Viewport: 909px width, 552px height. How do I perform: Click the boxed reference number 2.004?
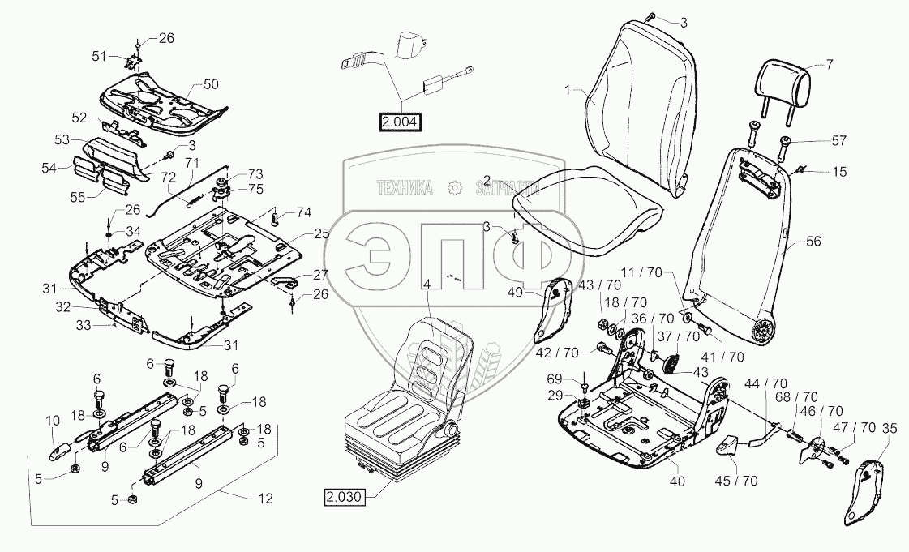click(400, 122)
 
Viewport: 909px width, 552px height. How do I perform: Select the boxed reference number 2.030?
click(345, 497)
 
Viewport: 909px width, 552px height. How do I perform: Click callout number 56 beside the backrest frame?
click(813, 241)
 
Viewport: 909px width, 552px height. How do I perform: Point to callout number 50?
click(211, 84)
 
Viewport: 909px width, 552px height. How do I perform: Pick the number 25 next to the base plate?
click(321, 234)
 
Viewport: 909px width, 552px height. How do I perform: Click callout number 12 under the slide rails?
click(265, 499)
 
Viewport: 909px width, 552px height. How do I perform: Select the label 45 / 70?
click(736, 481)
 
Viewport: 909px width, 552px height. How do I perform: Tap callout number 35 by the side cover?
click(889, 430)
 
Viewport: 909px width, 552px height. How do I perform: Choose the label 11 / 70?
click(641, 272)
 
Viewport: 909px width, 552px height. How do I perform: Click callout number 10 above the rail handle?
click(53, 421)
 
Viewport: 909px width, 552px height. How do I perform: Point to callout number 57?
click(838, 141)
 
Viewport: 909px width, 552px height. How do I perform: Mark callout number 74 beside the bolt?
click(304, 212)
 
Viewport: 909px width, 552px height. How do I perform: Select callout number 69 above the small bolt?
click(555, 379)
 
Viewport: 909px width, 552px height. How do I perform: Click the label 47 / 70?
click(855, 428)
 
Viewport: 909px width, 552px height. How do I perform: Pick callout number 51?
click(99, 56)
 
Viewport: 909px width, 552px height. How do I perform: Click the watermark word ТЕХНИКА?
click(405, 188)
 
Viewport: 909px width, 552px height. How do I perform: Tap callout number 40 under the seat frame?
click(676, 481)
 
